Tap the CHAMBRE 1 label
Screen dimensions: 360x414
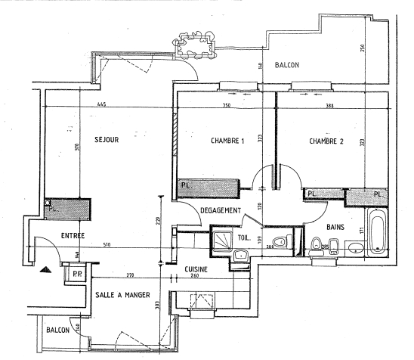click(x=227, y=141)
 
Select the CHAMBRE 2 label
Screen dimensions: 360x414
click(x=326, y=141)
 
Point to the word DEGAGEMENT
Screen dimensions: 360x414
click(x=221, y=210)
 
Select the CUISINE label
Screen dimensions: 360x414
click(x=196, y=269)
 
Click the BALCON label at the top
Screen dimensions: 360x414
click(x=287, y=65)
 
